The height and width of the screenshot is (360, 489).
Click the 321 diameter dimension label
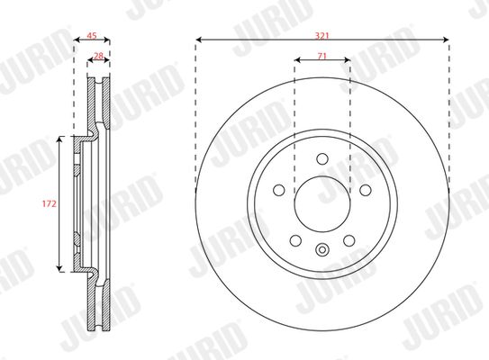(322, 36)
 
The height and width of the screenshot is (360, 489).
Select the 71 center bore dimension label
(322, 56)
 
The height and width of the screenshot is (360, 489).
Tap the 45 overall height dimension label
(91, 36)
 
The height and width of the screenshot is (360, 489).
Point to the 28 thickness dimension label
(98, 56)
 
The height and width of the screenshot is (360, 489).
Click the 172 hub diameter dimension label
(50, 203)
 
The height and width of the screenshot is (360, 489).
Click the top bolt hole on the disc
(322, 158)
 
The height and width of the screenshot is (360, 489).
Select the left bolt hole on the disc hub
(279, 190)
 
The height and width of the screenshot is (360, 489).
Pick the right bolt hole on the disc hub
(366, 190)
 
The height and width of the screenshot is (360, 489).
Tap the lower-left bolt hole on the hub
(295, 240)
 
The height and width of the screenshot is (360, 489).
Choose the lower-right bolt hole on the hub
(349, 240)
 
